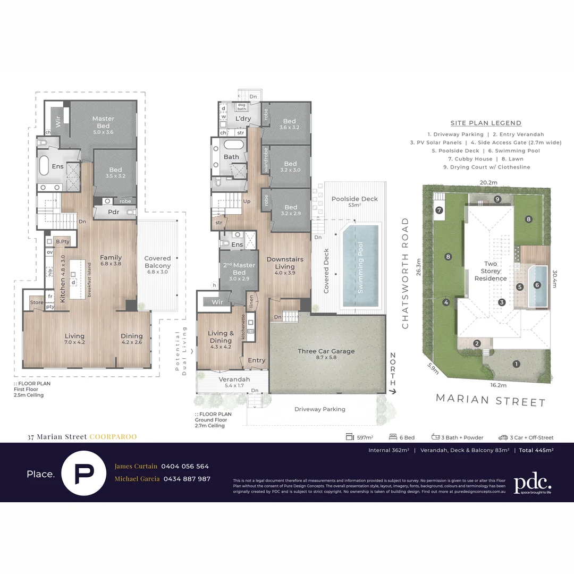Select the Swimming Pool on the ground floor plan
(361, 266)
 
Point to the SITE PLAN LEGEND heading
(486, 123)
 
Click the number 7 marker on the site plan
(440, 210)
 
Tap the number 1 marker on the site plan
(516, 364)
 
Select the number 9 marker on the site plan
(497, 199)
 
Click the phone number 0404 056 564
(185, 466)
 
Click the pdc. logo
(532, 483)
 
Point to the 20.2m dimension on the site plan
(488, 182)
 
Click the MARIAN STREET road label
(491, 401)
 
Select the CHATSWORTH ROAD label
(406, 273)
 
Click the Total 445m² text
(536, 450)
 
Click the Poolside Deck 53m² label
(354, 201)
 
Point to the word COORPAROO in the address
(113, 437)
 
